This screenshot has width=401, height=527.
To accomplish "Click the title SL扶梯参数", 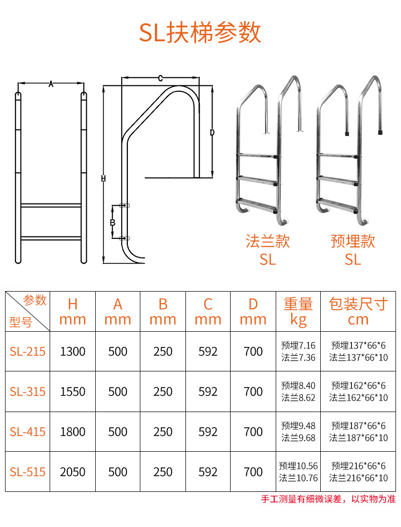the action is click(200, 32).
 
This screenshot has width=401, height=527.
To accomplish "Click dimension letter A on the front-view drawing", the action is click(51, 84).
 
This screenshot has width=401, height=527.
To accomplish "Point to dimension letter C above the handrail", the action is click(160, 78).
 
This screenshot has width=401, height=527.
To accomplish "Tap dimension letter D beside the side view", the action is click(212, 133).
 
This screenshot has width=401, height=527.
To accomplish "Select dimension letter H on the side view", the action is click(103, 179).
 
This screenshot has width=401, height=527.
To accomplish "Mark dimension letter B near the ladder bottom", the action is click(113, 222).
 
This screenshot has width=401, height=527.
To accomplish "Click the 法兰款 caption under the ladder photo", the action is click(268, 241).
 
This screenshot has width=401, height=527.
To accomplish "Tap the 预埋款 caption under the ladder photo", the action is click(353, 241).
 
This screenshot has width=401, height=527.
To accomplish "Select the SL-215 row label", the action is click(28, 351).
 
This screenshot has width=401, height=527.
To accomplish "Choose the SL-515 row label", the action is click(28, 472).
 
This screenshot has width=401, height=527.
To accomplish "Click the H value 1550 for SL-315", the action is click(73, 391).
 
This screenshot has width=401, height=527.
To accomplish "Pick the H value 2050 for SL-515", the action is click(73, 472).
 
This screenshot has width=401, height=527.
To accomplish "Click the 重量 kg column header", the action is click(298, 312).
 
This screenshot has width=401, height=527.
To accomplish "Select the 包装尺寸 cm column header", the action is click(358, 311).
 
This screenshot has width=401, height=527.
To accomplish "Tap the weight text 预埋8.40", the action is click(298, 385).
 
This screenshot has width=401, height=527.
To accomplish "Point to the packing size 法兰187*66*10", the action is click(358, 438).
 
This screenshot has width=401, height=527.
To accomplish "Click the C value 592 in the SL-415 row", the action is click(208, 432).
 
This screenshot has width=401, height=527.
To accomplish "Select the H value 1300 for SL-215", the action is click(73, 351).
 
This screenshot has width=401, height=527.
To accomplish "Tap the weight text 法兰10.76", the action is click(298, 478).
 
